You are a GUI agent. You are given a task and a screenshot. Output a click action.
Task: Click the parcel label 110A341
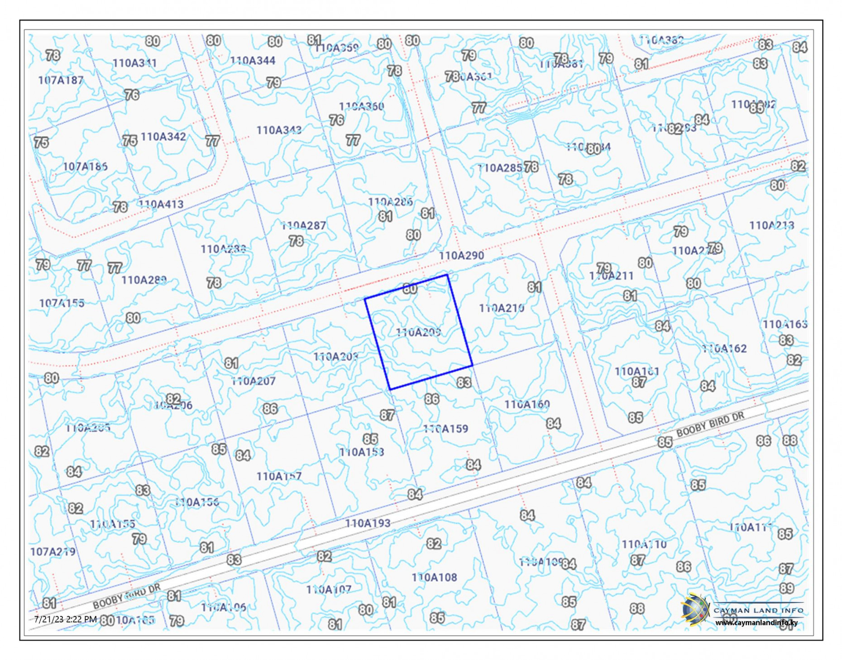tap(134, 63)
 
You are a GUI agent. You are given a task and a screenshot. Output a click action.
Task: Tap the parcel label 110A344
tap(253, 60)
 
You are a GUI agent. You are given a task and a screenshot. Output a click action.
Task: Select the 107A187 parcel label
tap(61, 80)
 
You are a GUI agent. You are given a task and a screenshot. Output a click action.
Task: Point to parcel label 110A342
tap(163, 136)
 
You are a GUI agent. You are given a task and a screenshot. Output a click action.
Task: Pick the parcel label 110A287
tap(303, 225)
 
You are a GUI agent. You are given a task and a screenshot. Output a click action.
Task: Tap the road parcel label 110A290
tap(461, 255)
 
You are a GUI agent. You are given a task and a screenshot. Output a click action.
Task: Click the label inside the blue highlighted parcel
tap(418, 332)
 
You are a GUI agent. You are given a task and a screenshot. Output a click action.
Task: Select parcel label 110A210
tap(502, 308)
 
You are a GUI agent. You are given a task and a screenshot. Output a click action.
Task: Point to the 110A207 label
tap(253, 381)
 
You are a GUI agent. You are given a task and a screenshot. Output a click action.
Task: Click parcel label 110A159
tap(445, 428)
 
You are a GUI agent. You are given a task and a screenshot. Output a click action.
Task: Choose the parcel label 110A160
tap(527, 404)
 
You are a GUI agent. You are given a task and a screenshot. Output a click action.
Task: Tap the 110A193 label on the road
tap(368, 523)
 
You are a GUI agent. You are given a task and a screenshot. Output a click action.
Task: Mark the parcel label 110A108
tap(434, 577)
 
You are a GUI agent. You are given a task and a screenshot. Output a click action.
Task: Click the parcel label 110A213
tap(771, 225)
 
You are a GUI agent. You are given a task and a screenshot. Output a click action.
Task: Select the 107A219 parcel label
tap(53, 551)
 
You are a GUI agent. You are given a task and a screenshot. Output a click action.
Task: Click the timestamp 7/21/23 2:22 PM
tap(66, 619)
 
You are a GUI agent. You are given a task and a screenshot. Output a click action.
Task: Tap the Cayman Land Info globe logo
tap(695, 609)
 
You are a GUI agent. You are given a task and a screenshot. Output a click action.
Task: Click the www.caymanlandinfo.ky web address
tap(756, 623)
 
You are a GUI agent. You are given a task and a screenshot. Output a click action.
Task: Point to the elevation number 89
tap(787, 588)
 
